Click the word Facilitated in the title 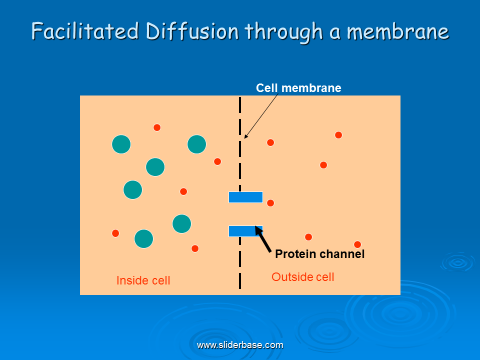pyautogui.click(x=85, y=31)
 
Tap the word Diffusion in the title pyautogui.click(x=192, y=31)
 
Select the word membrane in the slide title pyautogui.click(x=397, y=32)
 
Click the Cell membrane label pyautogui.click(x=298, y=88)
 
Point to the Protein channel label pyautogui.click(x=319, y=254)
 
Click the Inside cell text pyautogui.click(x=143, y=280)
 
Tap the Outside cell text pyautogui.click(x=303, y=277)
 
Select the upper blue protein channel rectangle pyautogui.click(x=245, y=197)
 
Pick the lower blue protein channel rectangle pyautogui.click(x=245, y=231)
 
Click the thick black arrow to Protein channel pyautogui.click(x=263, y=239)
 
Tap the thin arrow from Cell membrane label pyautogui.click(x=261, y=116)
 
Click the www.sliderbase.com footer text pyautogui.click(x=240, y=345)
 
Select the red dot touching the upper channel pyautogui.click(x=270, y=203)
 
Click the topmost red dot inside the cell pyautogui.click(x=157, y=127)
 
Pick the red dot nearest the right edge pyautogui.click(x=357, y=244)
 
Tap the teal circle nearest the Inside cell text pyautogui.click(x=144, y=239)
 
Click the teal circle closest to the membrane pyautogui.click(x=197, y=144)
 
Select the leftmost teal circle pyautogui.click(x=121, y=144)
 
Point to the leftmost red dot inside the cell pyautogui.click(x=115, y=233)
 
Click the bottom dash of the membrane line pyautogui.click(x=240, y=281)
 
